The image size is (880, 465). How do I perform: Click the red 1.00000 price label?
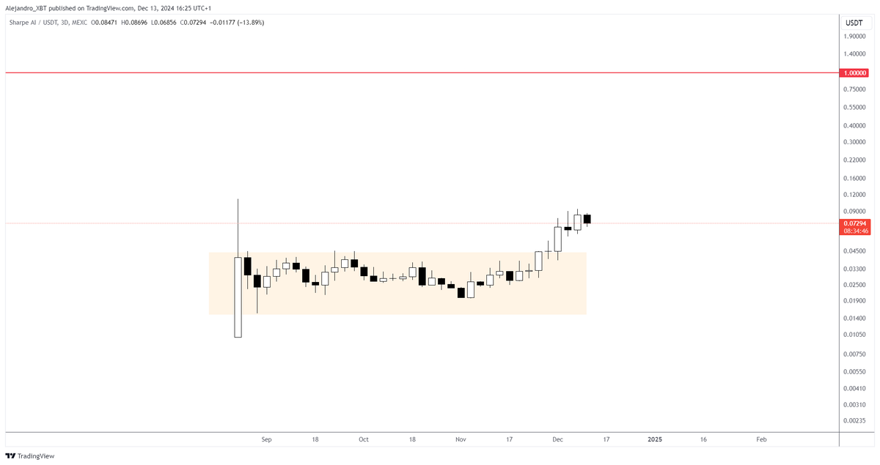(855, 73)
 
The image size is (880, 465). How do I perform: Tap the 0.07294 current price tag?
(855, 223)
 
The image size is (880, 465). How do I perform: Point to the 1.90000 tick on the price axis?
(855, 36)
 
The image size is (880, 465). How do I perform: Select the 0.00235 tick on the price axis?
(855, 421)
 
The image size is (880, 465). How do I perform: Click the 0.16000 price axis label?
(855, 178)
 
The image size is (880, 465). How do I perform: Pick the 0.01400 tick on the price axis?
(855, 318)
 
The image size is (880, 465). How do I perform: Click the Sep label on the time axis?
(266, 439)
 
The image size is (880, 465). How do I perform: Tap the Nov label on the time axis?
(461, 439)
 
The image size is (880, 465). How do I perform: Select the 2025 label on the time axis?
(655, 439)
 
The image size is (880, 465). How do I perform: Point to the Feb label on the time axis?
(761, 439)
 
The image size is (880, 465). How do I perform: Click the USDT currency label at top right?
(854, 23)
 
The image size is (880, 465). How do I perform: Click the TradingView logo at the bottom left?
(30, 455)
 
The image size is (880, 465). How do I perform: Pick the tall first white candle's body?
(238, 297)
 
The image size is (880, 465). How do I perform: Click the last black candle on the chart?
(587, 219)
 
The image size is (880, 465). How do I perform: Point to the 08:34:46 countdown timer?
(855, 231)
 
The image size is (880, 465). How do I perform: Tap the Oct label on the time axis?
(363, 439)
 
